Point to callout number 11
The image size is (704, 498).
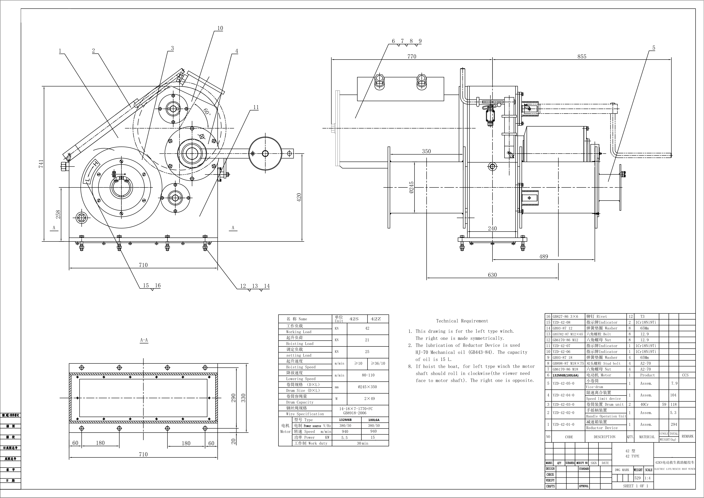256,107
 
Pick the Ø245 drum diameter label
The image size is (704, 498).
411,187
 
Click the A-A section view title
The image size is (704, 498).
144,340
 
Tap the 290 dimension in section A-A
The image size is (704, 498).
233,398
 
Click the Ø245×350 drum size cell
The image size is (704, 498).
367,387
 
